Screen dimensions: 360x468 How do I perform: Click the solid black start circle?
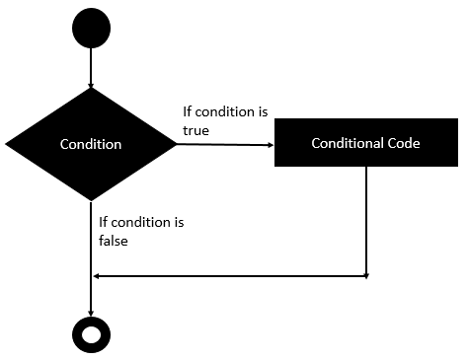coord(91,29)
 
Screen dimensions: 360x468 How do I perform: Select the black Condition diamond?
coord(91,144)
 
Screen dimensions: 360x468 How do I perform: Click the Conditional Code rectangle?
coord(366,144)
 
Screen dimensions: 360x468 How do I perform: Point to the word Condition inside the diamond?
coord(91,144)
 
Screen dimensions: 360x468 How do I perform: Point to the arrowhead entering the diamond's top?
coord(91,85)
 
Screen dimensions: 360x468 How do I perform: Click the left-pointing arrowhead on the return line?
coord(96,276)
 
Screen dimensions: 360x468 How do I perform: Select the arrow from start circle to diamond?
coord(91,67)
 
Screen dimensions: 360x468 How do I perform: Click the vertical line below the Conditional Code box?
coord(366,222)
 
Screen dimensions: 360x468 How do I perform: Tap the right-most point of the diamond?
coord(176,144)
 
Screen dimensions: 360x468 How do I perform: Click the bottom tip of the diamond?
coord(91,199)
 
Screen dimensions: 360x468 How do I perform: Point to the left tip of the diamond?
coord(7,144)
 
